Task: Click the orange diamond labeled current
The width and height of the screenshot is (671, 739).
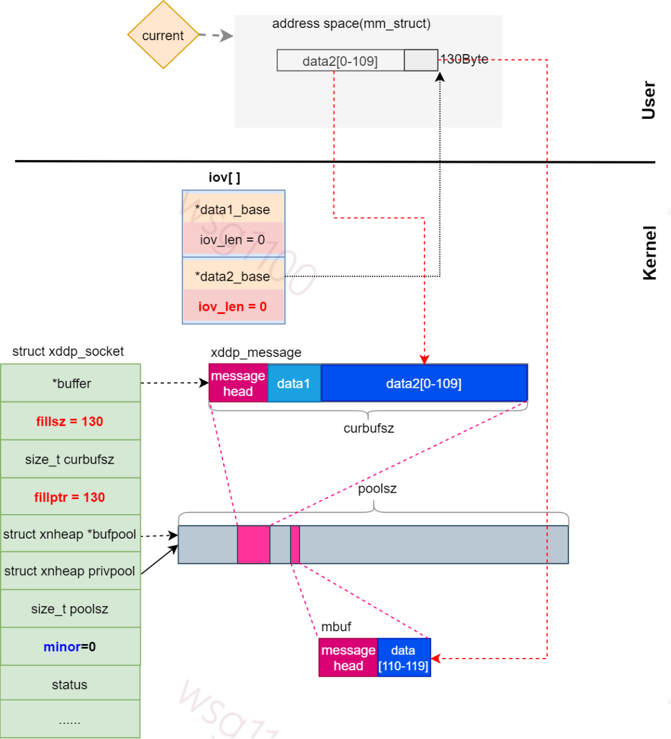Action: point(163,36)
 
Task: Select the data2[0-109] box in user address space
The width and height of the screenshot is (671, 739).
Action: point(340,61)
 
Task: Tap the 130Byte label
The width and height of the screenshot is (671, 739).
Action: point(464,59)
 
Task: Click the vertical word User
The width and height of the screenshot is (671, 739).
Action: point(649,100)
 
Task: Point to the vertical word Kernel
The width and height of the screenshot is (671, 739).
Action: point(649,253)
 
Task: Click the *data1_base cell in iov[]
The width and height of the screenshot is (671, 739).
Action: point(233,209)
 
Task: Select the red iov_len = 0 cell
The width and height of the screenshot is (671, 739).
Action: point(233,307)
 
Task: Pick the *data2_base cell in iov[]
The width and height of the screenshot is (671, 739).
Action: point(233,276)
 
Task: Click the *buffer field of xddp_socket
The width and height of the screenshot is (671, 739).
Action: point(70,383)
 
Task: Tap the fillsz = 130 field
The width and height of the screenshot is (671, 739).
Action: point(70,421)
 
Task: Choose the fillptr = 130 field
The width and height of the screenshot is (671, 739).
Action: point(70,497)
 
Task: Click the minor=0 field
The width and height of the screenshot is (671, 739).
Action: point(70,646)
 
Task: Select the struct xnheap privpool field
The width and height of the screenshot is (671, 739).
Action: point(70,571)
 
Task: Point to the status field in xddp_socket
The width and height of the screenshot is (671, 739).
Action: point(70,684)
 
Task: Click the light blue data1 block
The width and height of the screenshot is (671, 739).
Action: point(294,383)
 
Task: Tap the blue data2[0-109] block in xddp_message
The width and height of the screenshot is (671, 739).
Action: point(424,383)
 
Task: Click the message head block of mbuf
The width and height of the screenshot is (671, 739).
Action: point(348,658)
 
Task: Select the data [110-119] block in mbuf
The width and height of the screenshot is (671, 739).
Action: point(404,658)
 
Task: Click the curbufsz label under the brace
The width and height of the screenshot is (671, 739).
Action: point(369,428)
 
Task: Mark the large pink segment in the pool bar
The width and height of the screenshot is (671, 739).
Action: point(253,544)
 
